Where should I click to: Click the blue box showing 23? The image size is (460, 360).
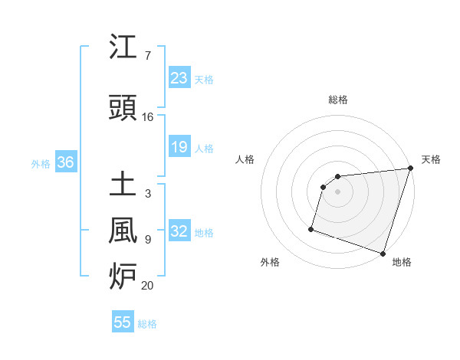(179, 78)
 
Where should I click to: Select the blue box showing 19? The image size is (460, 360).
(179, 147)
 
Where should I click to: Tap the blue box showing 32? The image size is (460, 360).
(179, 232)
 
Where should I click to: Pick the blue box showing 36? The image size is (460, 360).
(65, 162)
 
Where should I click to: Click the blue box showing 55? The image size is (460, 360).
(123, 322)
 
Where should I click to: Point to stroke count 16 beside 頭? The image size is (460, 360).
(147, 116)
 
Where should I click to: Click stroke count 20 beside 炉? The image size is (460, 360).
(147, 285)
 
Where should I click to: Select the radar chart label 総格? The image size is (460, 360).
(337, 100)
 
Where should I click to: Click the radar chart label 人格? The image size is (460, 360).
(245, 159)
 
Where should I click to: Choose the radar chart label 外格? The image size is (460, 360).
(270, 262)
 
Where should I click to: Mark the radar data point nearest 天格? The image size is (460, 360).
(410, 169)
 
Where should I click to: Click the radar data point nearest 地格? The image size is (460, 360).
(383, 254)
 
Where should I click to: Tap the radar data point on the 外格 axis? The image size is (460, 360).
(311, 228)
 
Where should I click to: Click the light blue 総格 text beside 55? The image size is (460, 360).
(147, 324)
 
